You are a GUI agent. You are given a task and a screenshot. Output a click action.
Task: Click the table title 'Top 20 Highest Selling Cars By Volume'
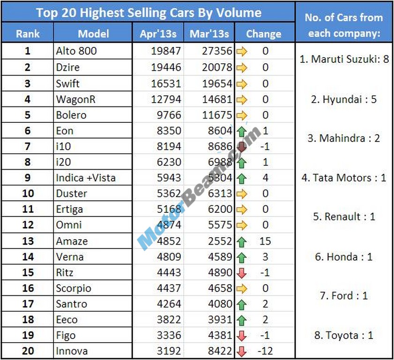pos(149,12)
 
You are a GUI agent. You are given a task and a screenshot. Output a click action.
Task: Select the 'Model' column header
pos(93,34)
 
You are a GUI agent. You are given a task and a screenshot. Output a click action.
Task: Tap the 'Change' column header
pos(264,34)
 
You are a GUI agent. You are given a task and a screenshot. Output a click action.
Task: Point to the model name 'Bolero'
pos(71,115)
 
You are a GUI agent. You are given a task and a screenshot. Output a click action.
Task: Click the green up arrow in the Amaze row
pos(242,241)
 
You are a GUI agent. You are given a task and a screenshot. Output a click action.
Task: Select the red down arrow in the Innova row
pos(242,351)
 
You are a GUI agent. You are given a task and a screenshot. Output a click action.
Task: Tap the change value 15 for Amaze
pos(265,241)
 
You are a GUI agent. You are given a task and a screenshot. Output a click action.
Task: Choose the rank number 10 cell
pos(28,194)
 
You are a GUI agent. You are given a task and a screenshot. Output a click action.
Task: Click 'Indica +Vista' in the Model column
pos(85,178)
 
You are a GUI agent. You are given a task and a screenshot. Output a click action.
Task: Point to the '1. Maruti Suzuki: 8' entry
pos(344,60)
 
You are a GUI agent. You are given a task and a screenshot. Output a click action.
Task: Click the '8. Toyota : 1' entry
pos(344,335)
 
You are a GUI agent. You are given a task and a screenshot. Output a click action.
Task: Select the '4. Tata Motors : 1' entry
pos(344,178)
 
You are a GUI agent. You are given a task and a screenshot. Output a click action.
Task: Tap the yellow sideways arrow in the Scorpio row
pos(242,288)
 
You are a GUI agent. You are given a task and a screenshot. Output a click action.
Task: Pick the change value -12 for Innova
pos(265,351)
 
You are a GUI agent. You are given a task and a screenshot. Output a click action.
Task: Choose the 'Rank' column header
pos(28,34)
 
